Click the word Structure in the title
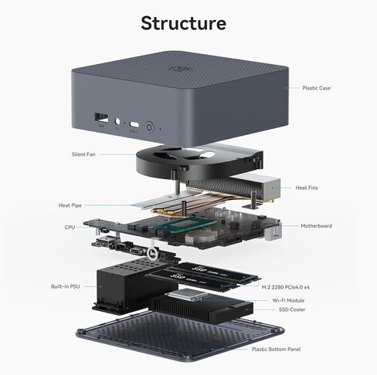click(x=183, y=22)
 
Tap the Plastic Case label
click(x=316, y=88)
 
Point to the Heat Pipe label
click(x=70, y=205)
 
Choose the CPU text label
click(x=70, y=228)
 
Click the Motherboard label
click(x=316, y=226)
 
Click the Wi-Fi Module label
click(x=287, y=299)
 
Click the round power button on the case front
click(x=149, y=125)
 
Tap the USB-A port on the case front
click(x=100, y=117)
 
